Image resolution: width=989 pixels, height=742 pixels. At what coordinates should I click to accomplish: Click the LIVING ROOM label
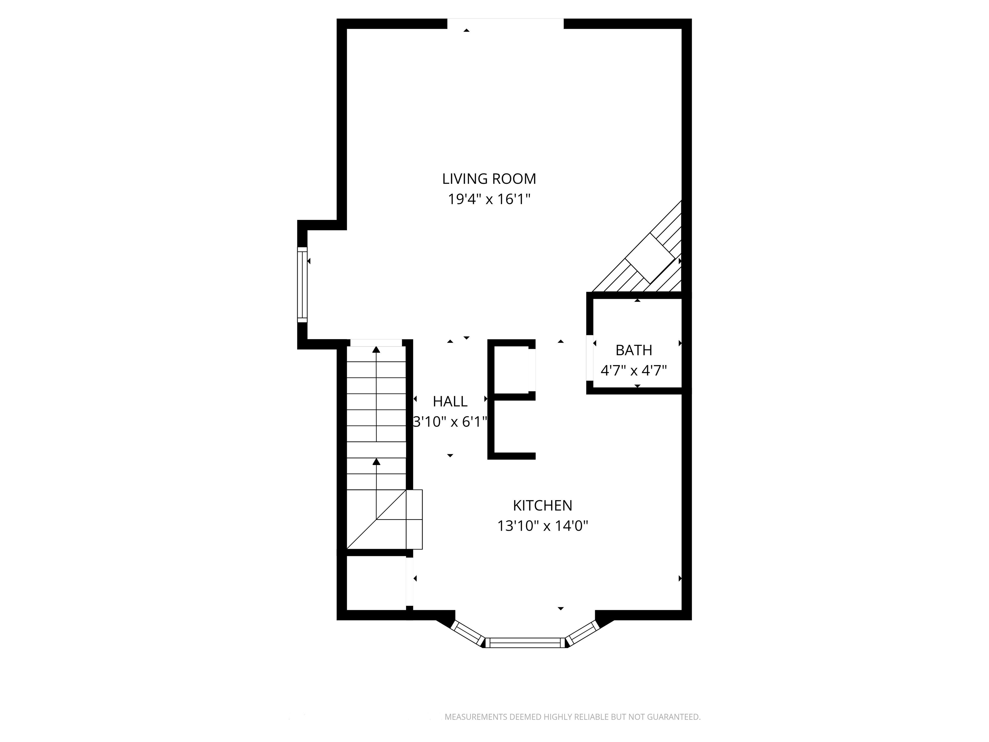click(x=489, y=179)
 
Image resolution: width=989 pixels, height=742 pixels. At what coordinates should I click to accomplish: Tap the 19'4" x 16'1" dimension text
click(x=489, y=199)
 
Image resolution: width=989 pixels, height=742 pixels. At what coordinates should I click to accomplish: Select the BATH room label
click(x=634, y=350)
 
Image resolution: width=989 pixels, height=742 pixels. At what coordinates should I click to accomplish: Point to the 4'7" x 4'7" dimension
click(x=634, y=370)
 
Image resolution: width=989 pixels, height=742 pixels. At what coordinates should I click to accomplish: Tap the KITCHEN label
click(x=542, y=505)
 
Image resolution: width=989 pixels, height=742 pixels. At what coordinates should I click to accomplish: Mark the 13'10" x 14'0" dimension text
click(x=542, y=526)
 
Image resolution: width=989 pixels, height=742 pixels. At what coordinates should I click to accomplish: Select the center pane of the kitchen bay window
click(x=525, y=643)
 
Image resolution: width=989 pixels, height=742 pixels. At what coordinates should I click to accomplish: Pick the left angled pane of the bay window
click(x=468, y=633)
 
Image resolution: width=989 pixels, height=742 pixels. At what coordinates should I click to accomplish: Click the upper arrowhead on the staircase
click(x=376, y=349)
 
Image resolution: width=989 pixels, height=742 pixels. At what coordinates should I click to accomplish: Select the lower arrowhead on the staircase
click(x=376, y=461)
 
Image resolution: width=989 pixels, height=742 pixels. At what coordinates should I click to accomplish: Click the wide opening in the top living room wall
click(x=506, y=24)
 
